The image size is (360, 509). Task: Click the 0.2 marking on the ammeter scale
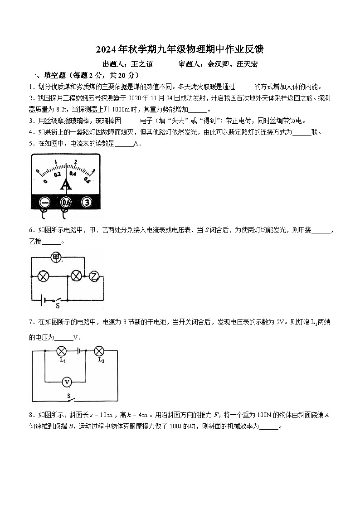point(57,174)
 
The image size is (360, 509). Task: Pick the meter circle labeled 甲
point(56,257)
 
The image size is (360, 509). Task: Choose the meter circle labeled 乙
point(94,276)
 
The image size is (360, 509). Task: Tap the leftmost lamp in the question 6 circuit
point(43,276)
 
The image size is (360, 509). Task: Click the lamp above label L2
point(99,351)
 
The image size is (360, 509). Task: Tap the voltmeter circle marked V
point(67,383)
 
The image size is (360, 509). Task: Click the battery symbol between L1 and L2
point(80,350)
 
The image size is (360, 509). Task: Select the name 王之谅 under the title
point(142,64)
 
